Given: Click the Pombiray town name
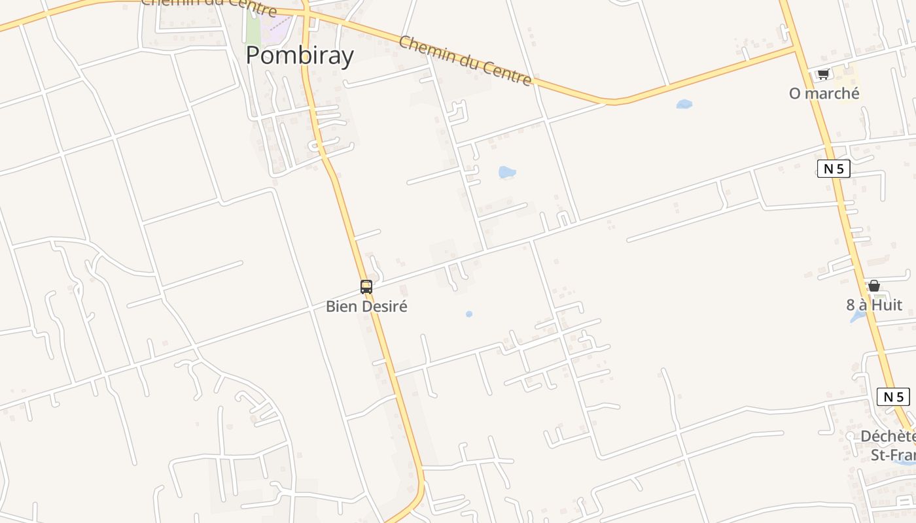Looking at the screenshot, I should tap(300, 56).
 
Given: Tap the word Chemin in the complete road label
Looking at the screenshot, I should tap(424, 50).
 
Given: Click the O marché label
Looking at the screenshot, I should tap(824, 93).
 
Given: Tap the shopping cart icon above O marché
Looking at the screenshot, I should tap(823, 74).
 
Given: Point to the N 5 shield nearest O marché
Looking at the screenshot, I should tap(834, 169).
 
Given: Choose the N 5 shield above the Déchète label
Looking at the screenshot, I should tap(893, 396).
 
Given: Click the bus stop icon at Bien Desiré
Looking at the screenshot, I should tap(366, 286).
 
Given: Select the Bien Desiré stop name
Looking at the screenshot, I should tap(366, 306).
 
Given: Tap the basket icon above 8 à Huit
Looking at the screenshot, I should tap(873, 286).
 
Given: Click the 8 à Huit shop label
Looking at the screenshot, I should tap(874, 305).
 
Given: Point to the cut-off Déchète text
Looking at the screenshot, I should tap(887, 436).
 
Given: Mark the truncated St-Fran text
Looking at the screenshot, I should tap(892, 454).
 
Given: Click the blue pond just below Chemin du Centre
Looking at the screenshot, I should tap(684, 104).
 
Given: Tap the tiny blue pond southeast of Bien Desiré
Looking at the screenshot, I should tap(469, 314).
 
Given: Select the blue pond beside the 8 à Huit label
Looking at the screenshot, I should tap(857, 317).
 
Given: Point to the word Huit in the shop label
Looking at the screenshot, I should tap(888, 305).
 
